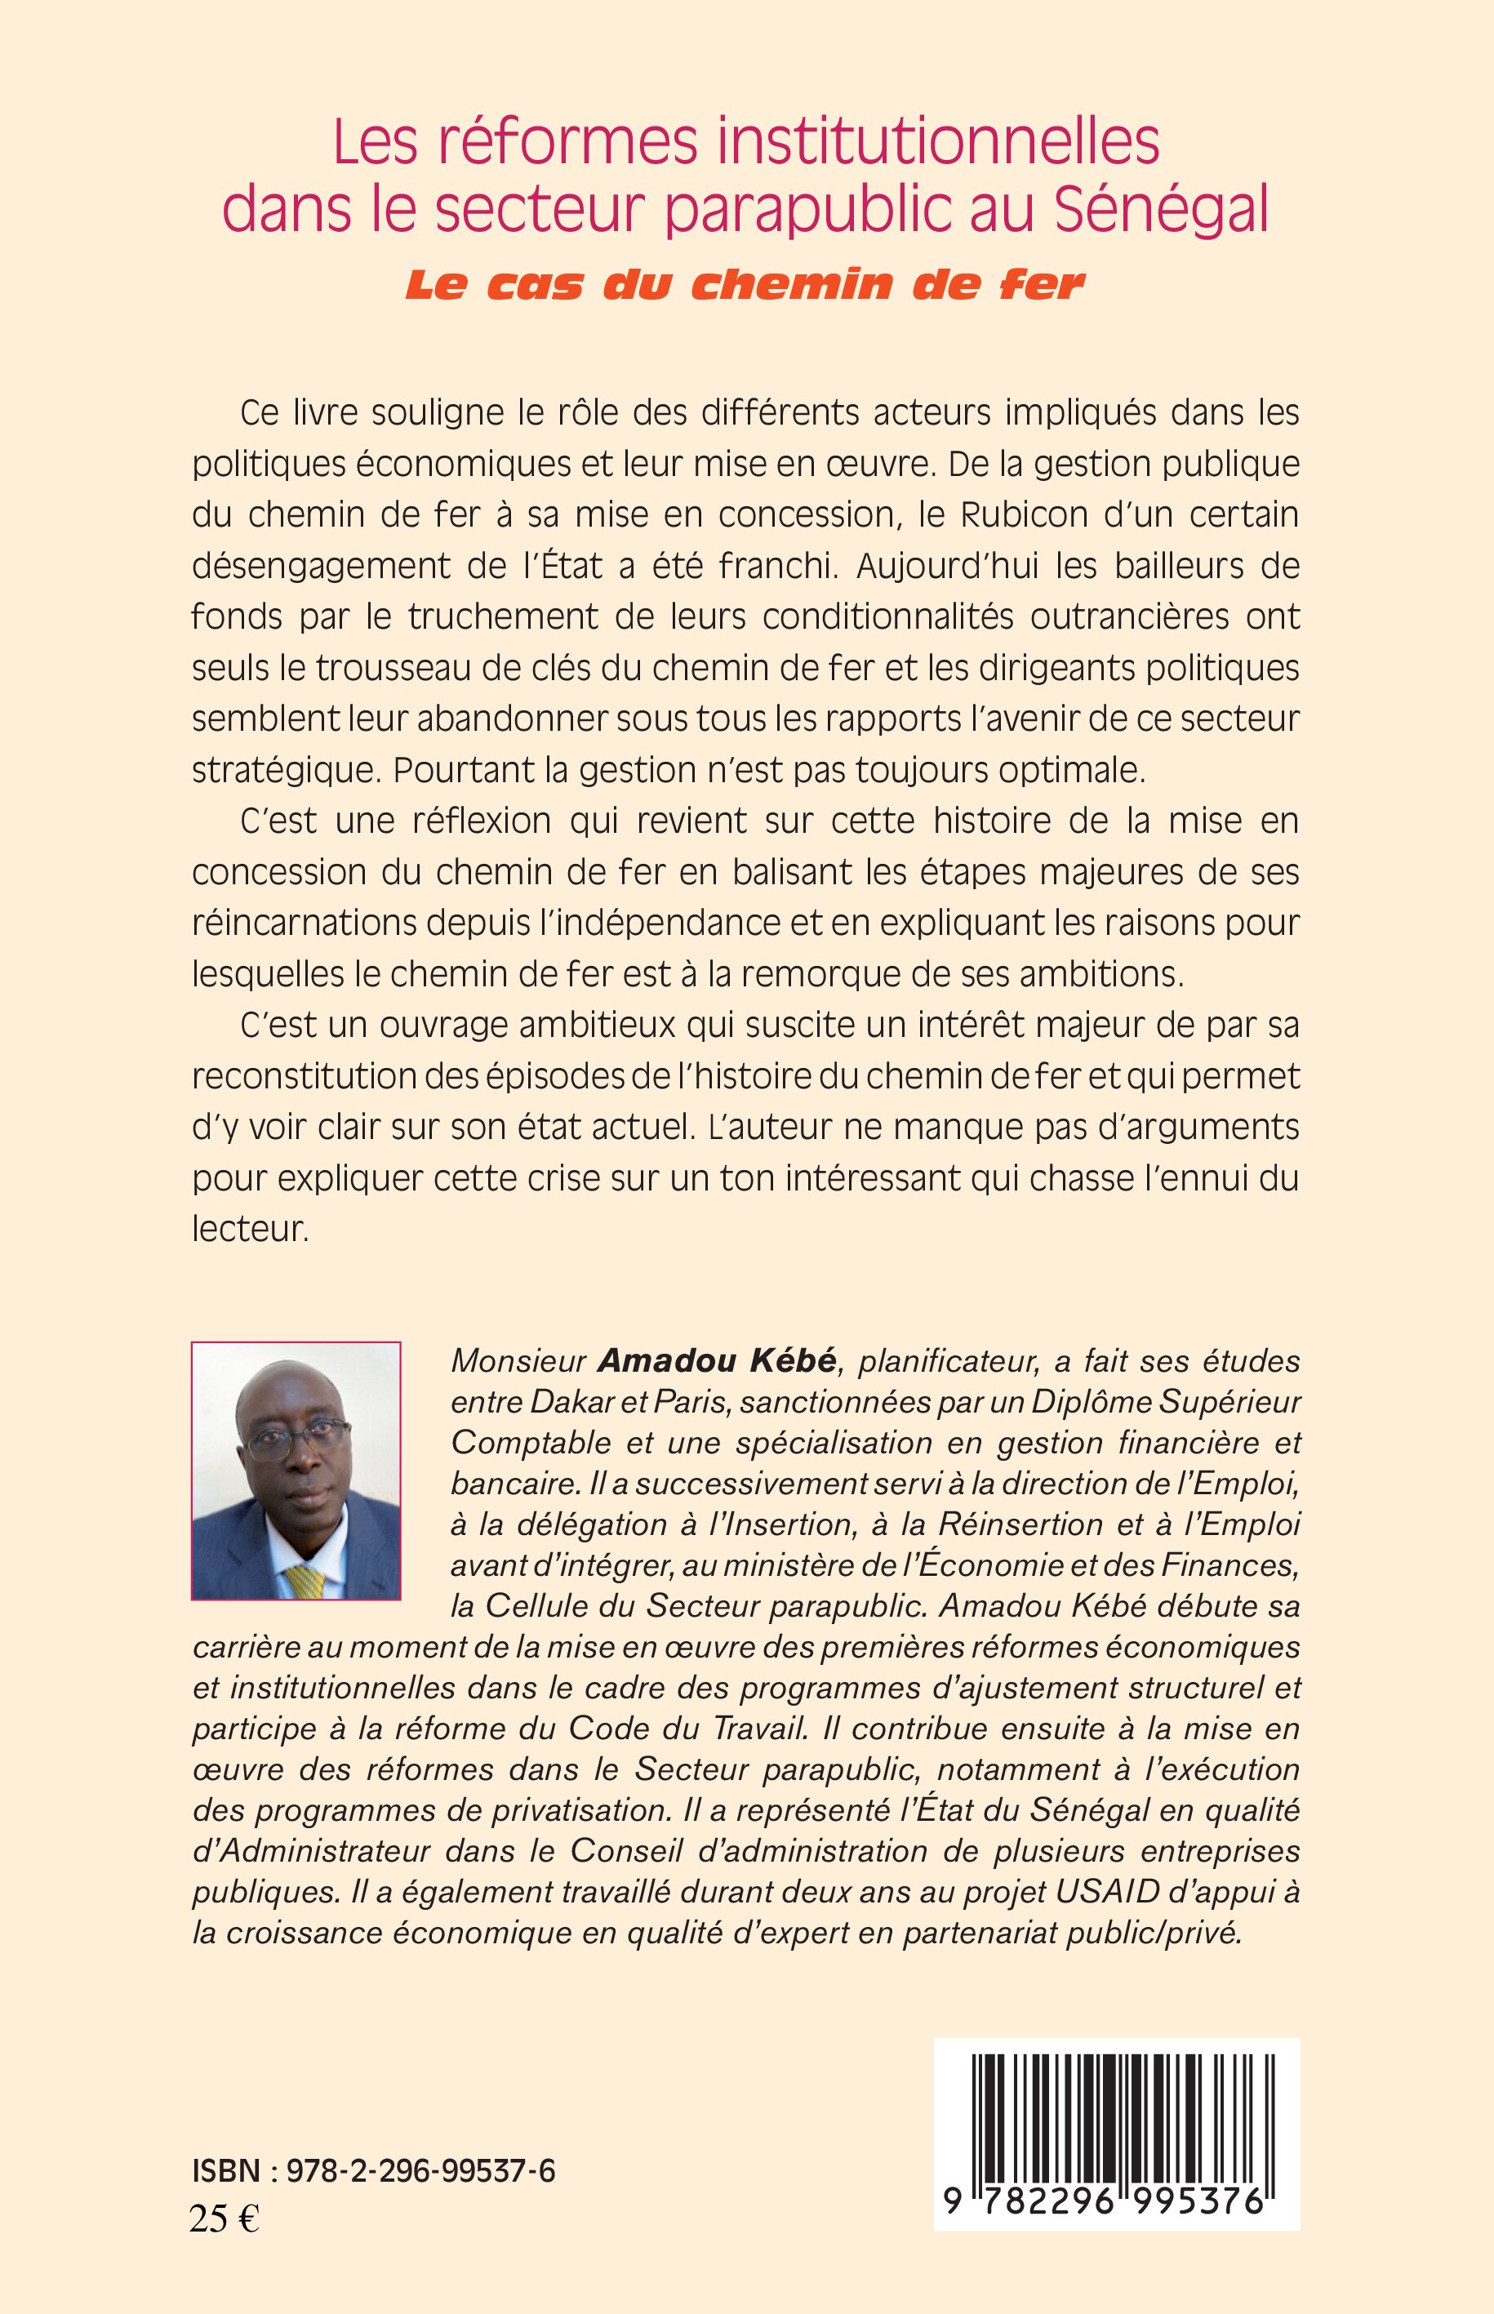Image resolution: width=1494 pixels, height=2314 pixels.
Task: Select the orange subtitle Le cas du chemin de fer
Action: click(744, 284)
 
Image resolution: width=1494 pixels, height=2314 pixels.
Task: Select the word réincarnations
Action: click(305, 923)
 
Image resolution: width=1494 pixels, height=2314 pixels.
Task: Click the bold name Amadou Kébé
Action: click(716, 1361)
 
